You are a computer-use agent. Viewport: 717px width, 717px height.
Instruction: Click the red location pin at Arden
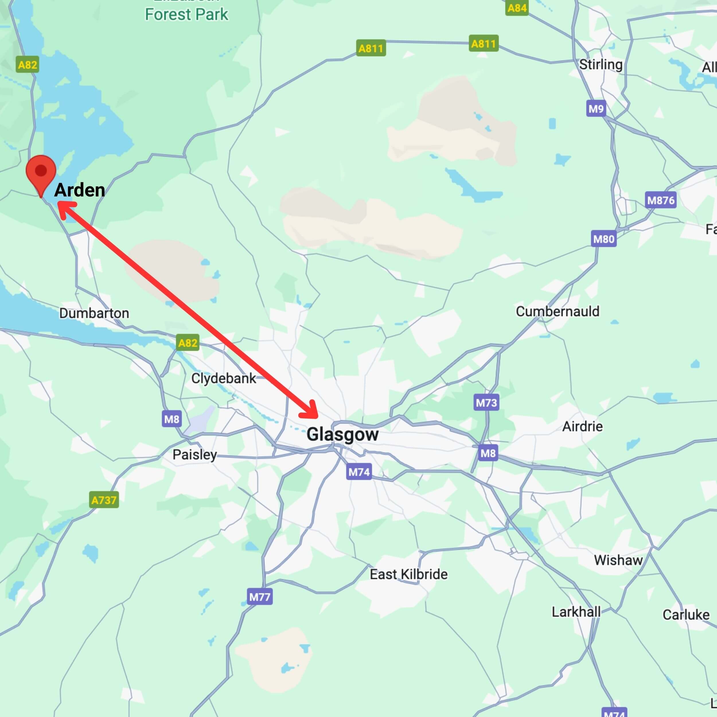click(41, 172)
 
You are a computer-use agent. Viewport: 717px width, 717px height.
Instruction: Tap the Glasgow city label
click(342, 435)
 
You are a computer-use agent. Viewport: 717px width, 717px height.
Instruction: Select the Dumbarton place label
click(94, 313)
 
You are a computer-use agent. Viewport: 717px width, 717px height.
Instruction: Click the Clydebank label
click(223, 379)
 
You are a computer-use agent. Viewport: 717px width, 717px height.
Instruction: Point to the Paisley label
click(194, 455)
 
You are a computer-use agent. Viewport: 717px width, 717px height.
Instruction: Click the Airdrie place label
click(582, 426)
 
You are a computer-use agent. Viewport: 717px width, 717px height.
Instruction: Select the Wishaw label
click(618, 560)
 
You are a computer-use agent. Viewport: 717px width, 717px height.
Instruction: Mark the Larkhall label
click(576, 612)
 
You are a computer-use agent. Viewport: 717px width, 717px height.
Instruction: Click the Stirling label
click(601, 65)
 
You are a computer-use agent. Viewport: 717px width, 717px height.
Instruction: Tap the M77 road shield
click(260, 597)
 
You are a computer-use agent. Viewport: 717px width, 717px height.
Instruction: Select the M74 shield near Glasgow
click(359, 472)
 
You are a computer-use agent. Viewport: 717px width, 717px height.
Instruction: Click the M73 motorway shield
click(486, 403)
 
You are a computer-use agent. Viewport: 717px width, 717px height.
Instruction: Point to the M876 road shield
click(661, 200)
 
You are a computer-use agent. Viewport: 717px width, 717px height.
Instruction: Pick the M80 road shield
click(604, 239)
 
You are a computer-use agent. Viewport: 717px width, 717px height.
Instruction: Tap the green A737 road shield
click(104, 500)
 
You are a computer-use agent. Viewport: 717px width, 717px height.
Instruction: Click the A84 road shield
click(517, 8)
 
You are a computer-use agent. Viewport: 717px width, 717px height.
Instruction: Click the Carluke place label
click(686, 615)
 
